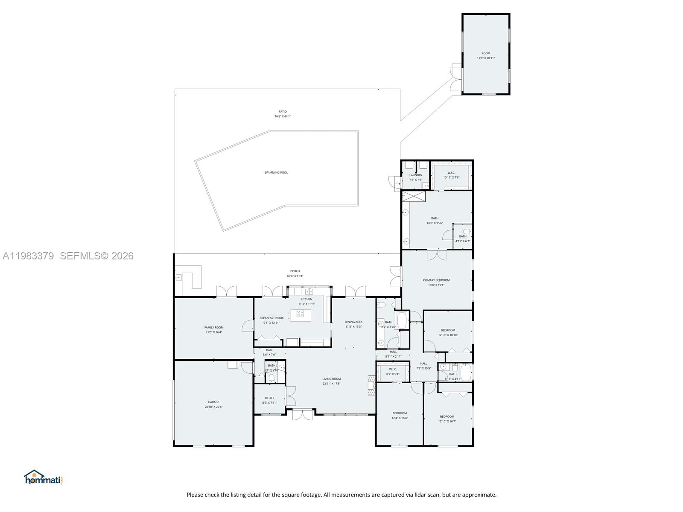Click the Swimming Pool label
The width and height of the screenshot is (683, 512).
[x=276, y=172]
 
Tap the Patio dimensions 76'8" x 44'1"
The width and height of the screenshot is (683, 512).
[x=283, y=116]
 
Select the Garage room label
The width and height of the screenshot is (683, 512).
[x=213, y=402]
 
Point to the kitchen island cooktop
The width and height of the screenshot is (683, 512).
[x=301, y=314]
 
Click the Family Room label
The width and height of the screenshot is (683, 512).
[x=213, y=328]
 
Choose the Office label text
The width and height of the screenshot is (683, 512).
[x=269, y=398]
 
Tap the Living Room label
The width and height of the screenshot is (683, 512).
[x=331, y=379]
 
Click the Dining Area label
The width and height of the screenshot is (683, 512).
[x=353, y=322]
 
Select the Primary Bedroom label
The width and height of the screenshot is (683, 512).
[x=436, y=280]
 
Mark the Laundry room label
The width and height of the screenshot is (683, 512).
[x=415, y=175]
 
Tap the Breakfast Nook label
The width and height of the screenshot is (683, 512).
[x=271, y=318]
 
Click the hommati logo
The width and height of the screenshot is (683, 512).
[x=43, y=477]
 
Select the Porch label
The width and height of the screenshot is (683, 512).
[x=295, y=271]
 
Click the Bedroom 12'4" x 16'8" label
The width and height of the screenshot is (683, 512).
[x=400, y=413]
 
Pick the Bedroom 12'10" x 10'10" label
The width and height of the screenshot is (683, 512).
[x=448, y=330]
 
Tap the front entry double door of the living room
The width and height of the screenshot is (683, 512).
[x=302, y=414]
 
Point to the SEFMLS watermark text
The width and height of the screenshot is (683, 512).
[x=96, y=256]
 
